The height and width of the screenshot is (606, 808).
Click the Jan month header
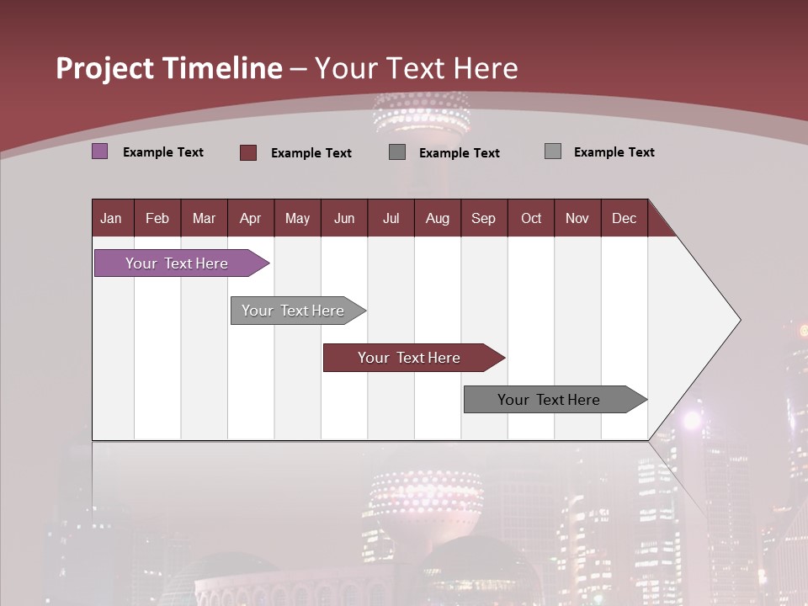[x=111, y=218]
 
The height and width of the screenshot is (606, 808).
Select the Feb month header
[x=157, y=218]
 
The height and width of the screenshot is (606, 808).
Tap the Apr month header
[x=250, y=218]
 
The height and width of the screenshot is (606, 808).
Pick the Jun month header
[x=344, y=218]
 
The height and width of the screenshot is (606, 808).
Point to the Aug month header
[x=437, y=218]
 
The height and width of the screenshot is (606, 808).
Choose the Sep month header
[x=483, y=218]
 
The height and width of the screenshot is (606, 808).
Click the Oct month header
[x=531, y=218]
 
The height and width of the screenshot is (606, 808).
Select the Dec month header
[x=624, y=218]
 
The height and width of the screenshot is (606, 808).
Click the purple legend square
[x=100, y=151]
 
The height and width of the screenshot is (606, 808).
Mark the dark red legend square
[x=248, y=152]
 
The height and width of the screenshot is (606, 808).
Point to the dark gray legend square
[x=397, y=152]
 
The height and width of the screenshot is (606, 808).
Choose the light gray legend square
[x=553, y=151]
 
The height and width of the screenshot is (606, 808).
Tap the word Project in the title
[x=105, y=68]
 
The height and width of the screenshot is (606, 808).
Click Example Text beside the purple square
[x=163, y=152]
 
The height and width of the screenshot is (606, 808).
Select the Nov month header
[x=577, y=218]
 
